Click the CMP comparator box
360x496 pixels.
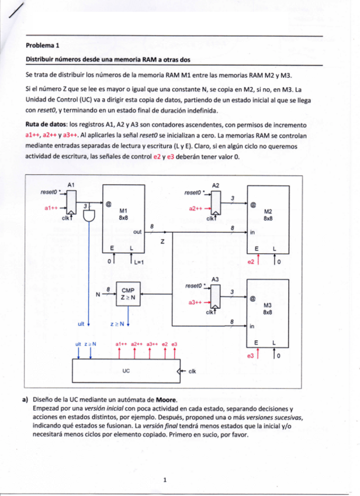tap(128, 293)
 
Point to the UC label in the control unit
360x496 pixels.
tap(126, 370)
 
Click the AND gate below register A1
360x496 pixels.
tap(89, 214)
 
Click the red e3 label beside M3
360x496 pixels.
tap(251, 356)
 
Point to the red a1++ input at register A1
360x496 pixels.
tap(51, 207)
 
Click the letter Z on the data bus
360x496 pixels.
tap(162, 241)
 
